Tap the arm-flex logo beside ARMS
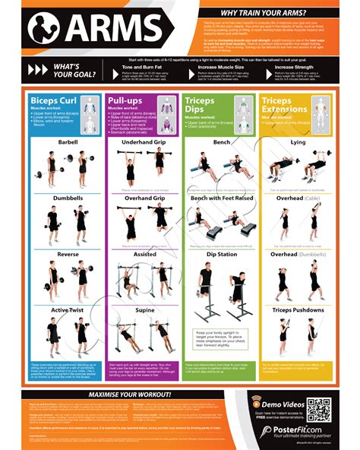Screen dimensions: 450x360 pos(44,28)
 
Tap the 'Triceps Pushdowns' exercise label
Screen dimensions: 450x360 pos(298,311)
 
